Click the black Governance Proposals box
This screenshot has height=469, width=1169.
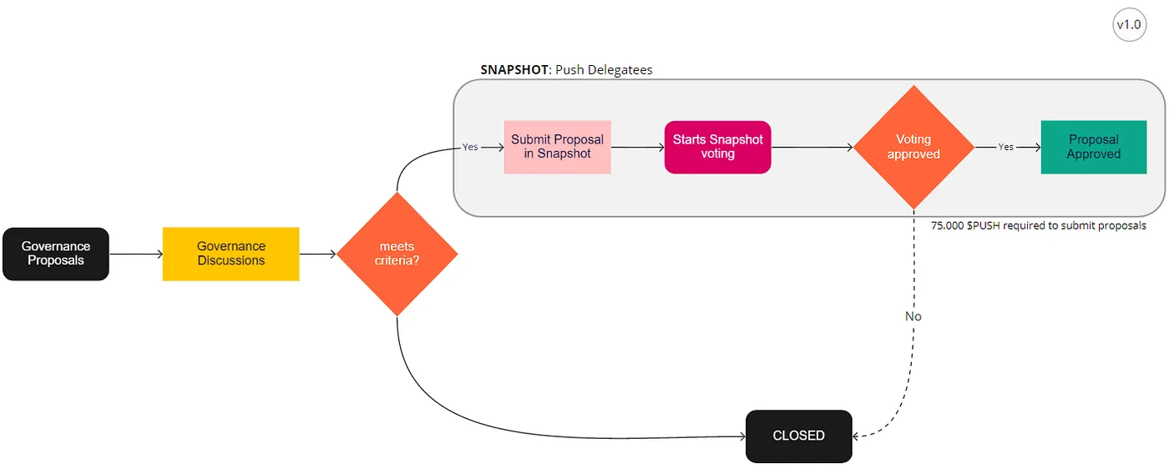[56, 254]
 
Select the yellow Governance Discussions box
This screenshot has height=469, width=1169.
[230, 254]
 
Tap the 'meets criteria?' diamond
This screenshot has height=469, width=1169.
[397, 254]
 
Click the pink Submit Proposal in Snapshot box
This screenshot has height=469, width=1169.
[557, 147]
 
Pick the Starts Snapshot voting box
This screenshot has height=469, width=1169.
[717, 147]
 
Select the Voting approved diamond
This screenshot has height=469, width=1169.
[913, 147]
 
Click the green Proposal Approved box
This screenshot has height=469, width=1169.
[1093, 147]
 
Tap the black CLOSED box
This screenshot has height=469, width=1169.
[798, 436]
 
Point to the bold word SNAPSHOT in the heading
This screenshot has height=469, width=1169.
[515, 70]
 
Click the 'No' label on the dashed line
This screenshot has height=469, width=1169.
[913, 316]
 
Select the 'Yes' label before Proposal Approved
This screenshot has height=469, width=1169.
[1005, 147]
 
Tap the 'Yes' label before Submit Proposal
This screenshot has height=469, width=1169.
[470, 147]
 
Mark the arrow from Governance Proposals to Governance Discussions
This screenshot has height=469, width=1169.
[136, 254]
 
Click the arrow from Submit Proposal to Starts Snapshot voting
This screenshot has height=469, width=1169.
[637, 147]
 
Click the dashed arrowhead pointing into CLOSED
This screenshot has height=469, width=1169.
[858, 436]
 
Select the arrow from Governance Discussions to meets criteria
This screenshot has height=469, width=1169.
[318, 254]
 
